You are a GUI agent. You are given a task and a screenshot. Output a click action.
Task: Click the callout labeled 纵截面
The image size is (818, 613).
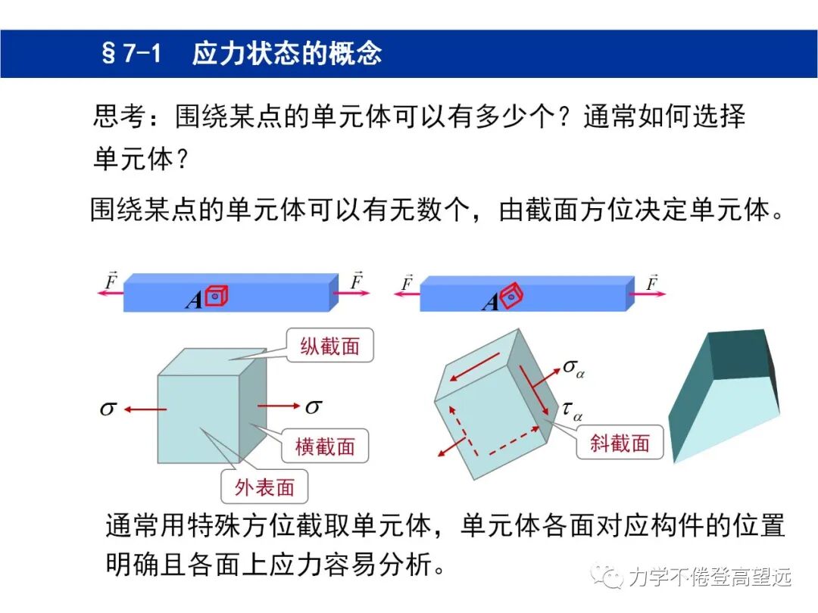coord(330,347)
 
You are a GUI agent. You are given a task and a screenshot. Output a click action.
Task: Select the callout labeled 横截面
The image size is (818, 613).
coord(324,446)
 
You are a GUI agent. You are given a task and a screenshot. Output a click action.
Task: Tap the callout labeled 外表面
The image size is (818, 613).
coord(264,487)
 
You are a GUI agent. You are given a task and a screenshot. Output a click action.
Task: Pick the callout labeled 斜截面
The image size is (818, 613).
coord(620,443)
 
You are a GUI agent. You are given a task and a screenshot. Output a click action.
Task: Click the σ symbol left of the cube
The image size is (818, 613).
coord(108,409)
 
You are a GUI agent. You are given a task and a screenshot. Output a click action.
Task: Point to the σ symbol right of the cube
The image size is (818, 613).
coord(313,406)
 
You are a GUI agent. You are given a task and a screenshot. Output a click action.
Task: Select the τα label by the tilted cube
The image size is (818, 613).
coord(572,410)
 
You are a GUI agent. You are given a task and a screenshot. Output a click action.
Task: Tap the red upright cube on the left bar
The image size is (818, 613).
coord(217,297)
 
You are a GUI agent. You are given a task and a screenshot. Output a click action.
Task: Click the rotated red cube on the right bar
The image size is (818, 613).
coord(513,297)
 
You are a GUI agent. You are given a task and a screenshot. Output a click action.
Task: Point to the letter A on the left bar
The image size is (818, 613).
coord(194,300)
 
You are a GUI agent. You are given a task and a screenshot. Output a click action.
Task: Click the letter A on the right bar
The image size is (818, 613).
coord(490,303)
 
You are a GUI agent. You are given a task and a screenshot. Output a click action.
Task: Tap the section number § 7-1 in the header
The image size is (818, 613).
coord(131,54)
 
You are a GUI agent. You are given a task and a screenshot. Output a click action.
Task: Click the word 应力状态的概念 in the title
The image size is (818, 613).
coord(286,54)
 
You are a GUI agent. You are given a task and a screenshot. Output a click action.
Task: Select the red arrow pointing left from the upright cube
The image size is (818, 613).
coord(145,409)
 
